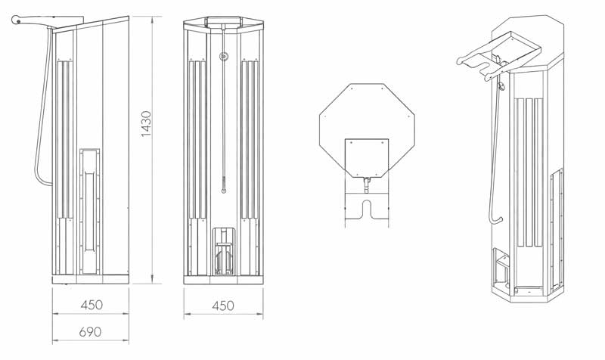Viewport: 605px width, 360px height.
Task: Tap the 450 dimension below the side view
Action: point(92,305)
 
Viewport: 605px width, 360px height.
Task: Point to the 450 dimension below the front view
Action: point(222,306)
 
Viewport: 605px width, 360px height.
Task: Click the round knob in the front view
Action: point(223,56)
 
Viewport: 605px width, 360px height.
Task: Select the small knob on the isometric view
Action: point(500,90)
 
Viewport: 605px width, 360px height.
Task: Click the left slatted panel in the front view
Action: point(198,140)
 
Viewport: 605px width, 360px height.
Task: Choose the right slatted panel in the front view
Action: point(249,140)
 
